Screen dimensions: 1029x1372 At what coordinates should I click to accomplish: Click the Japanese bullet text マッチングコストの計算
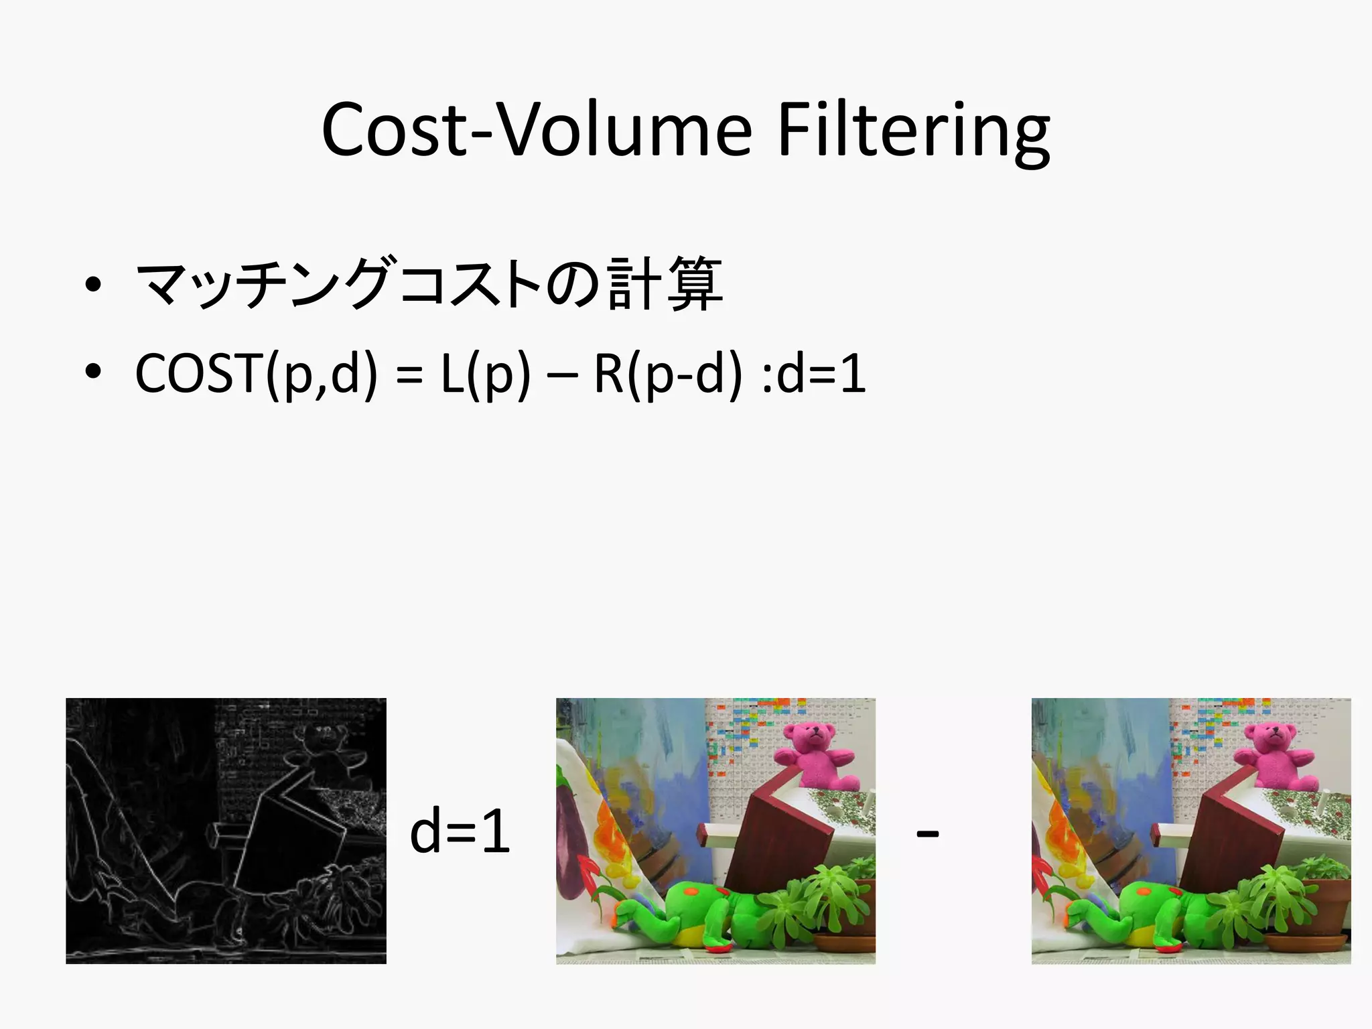[429, 285]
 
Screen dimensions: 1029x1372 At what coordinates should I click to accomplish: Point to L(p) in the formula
[485, 374]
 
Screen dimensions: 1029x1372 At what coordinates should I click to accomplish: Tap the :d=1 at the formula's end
[813, 374]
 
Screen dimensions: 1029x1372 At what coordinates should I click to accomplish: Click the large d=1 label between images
[460, 832]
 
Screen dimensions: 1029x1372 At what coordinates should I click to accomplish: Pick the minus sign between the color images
[927, 834]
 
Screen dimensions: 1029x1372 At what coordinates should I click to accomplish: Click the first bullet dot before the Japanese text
[93, 285]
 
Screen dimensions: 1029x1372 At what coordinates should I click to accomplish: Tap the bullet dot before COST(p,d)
[93, 371]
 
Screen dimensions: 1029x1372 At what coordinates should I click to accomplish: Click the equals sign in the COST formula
[409, 375]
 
